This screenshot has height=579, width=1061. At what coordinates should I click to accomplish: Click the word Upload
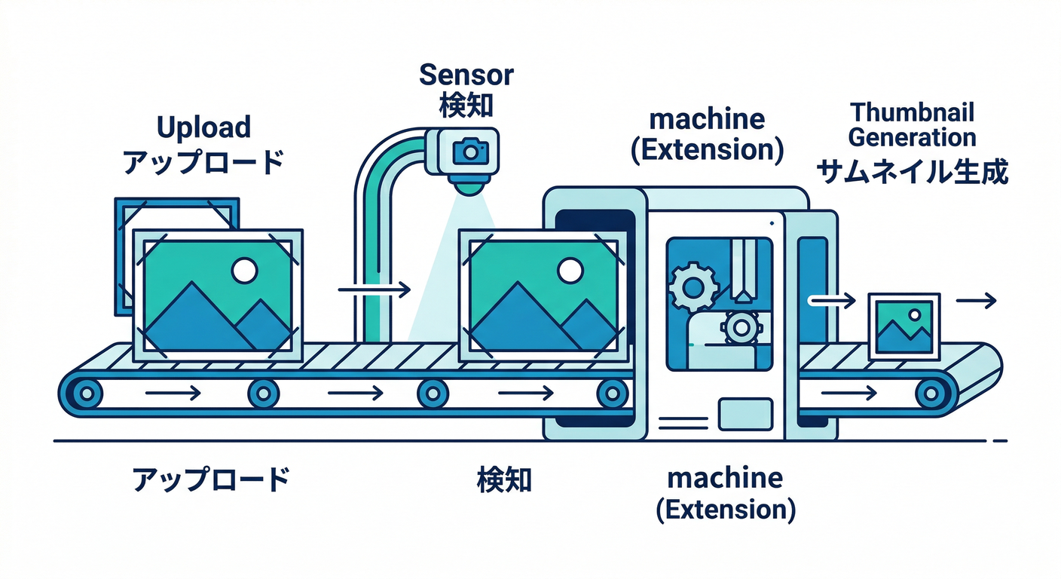click(203, 128)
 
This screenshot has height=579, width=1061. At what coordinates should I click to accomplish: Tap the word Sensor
click(466, 75)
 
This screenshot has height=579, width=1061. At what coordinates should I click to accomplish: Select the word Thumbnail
click(912, 114)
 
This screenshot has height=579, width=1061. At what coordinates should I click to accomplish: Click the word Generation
click(912, 138)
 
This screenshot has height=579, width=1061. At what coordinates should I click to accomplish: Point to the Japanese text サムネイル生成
click(913, 173)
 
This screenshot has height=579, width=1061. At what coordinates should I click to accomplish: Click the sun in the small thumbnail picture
click(914, 314)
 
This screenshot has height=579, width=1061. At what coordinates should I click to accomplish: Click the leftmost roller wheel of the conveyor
click(87, 392)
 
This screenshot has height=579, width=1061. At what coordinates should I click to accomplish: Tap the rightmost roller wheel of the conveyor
click(933, 392)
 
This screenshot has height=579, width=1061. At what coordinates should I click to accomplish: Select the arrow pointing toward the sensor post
click(374, 289)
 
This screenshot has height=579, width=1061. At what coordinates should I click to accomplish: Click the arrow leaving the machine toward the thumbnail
click(832, 301)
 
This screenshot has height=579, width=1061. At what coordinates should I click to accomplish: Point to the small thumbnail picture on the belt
click(904, 326)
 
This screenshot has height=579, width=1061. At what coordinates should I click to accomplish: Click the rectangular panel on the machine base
click(746, 414)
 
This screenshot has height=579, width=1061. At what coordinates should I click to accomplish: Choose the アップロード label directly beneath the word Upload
click(203, 161)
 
